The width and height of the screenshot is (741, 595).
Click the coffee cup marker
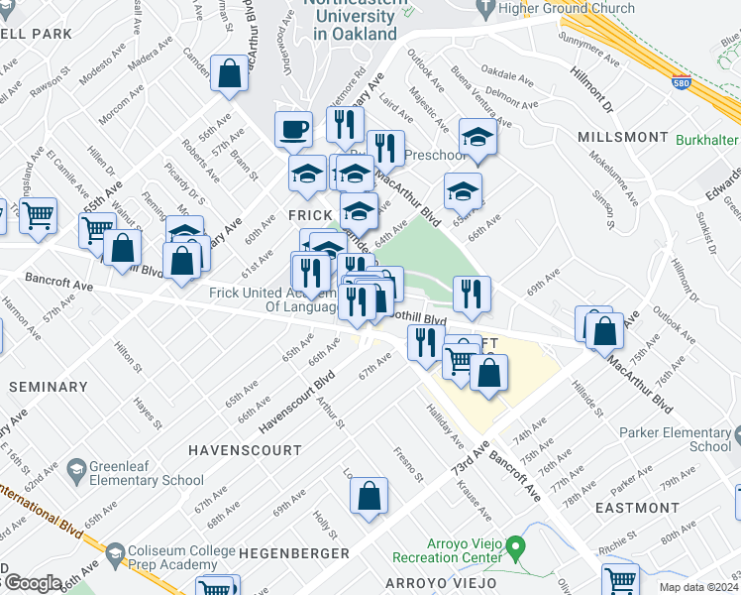point(293,129)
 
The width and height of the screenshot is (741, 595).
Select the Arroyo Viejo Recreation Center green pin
point(514,546)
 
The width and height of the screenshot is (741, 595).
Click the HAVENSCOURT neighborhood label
point(245,450)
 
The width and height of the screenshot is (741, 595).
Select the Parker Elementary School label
point(675,439)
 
